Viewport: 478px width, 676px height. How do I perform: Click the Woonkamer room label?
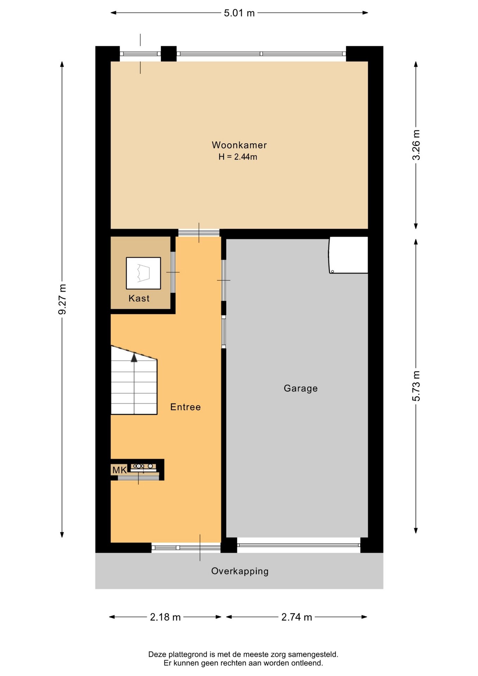click(x=239, y=145)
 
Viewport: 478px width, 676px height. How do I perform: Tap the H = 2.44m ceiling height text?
click(x=238, y=157)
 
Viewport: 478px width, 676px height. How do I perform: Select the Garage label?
click(x=301, y=388)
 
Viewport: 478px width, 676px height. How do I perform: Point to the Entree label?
click(x=185, y=407)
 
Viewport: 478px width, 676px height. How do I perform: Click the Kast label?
click(x=139, y=299)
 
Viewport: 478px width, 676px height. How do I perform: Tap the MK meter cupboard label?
click(x=119, y=470)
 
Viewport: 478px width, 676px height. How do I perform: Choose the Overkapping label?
click(x=240, y=571)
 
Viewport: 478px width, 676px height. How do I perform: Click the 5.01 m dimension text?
click(x=239, y=13)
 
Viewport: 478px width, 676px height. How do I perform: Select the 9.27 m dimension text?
click(x=62, y=299)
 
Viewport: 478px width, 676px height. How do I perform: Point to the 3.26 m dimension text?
click(x=416, y=145)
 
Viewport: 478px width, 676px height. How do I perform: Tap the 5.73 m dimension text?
click(x=416, y=386)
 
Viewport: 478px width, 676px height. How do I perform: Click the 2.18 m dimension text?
click(x=165, y=617)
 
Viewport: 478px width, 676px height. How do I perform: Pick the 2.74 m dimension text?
click(x=297, y=617)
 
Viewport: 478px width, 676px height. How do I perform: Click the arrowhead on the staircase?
click(x=134, y=358)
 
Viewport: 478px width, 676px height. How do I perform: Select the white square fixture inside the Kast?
click(x=143, y=273)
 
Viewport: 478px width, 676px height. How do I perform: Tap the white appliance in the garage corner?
click(x=348, y=255)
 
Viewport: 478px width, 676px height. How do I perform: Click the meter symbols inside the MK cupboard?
click(x=143, y=467)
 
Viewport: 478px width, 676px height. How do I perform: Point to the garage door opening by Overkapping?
click(x=299, y=545)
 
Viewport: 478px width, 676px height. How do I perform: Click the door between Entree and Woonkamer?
click(x=199, y=233)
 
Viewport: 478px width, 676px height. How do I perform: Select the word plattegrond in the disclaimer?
click(x=189, y=655)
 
